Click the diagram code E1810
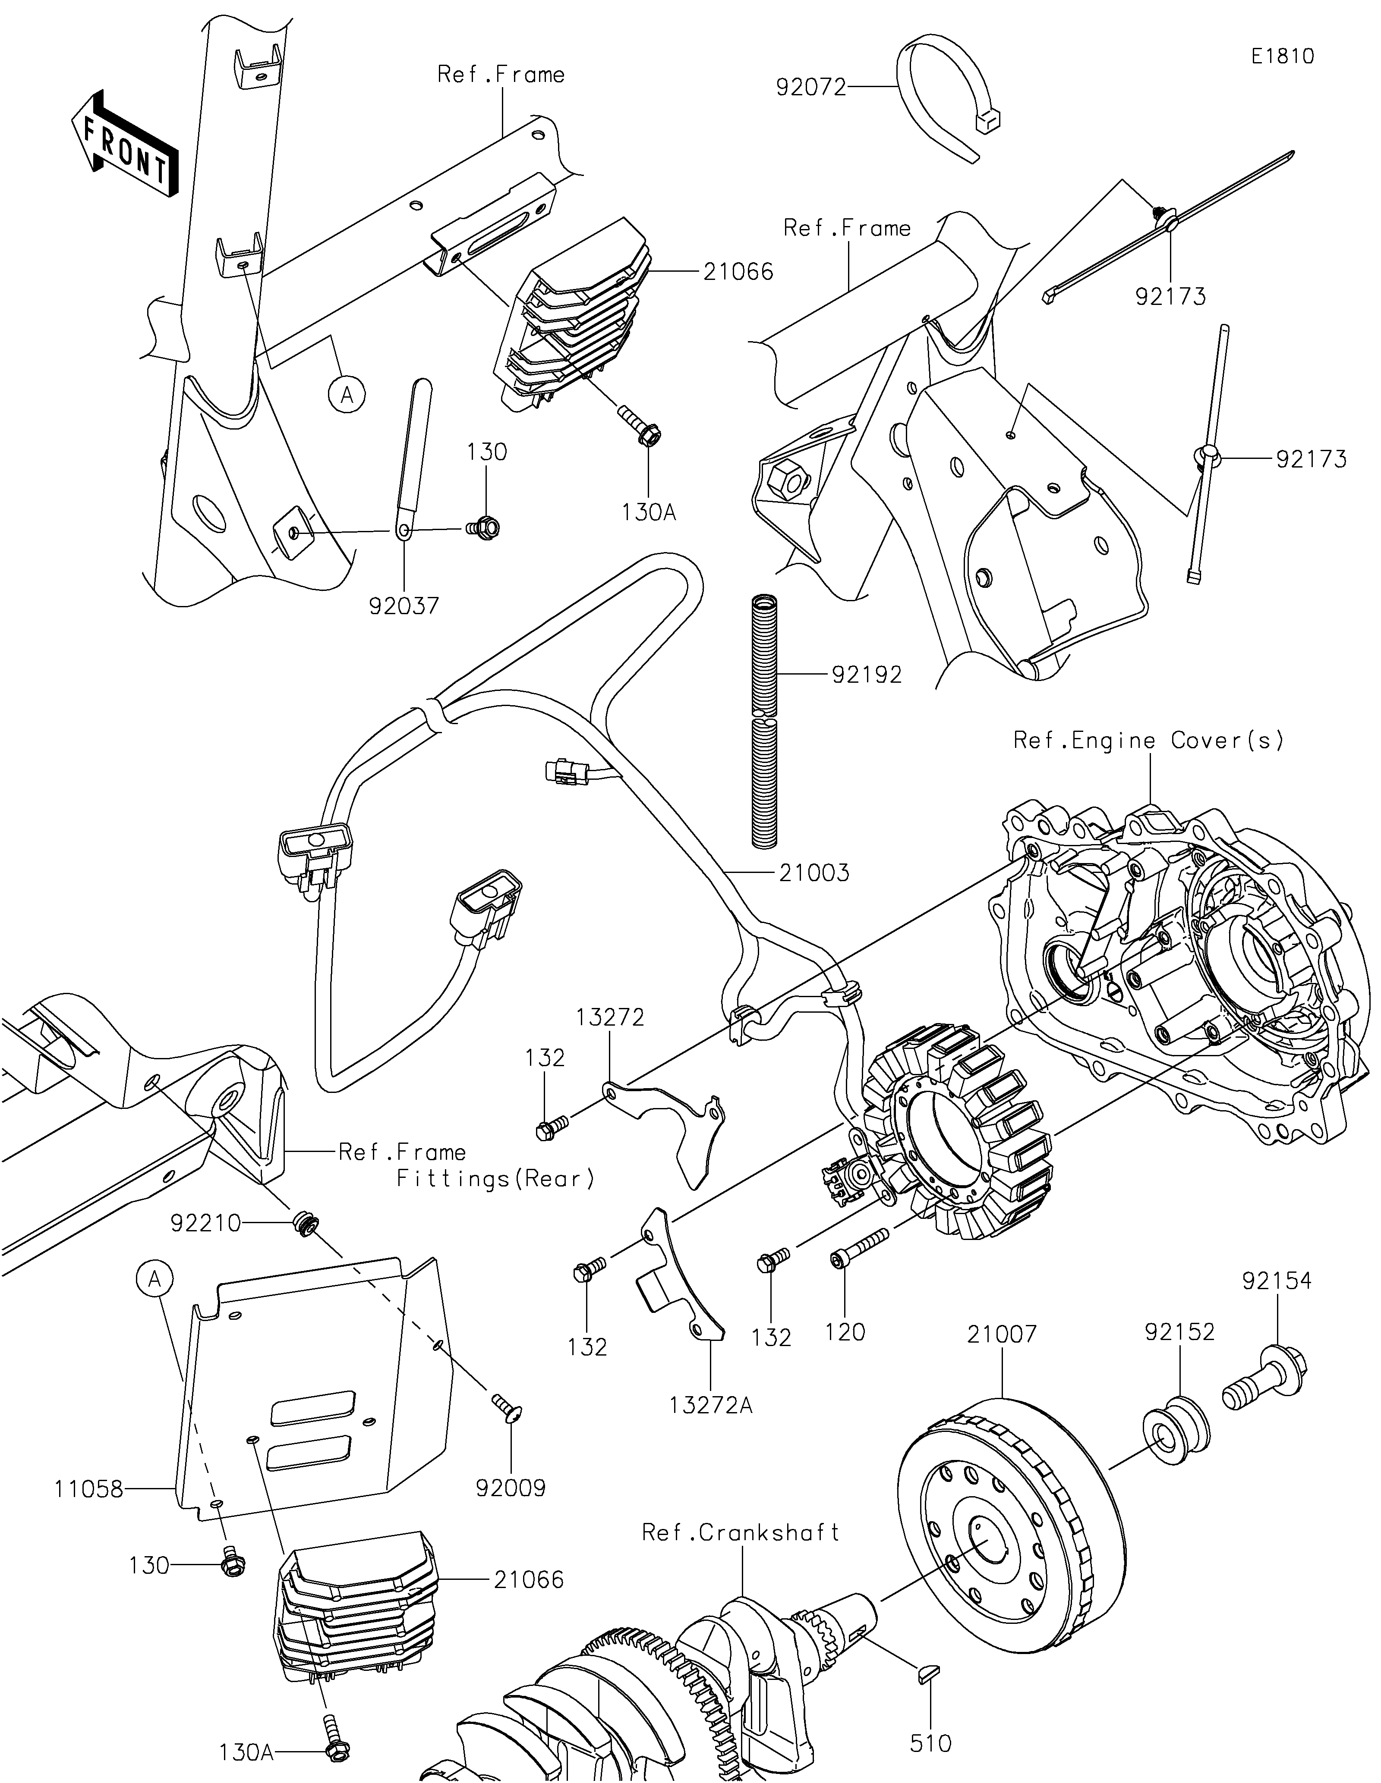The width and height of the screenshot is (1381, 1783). pos(1282,57)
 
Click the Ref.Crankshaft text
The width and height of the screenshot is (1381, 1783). pos(741,1532)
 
